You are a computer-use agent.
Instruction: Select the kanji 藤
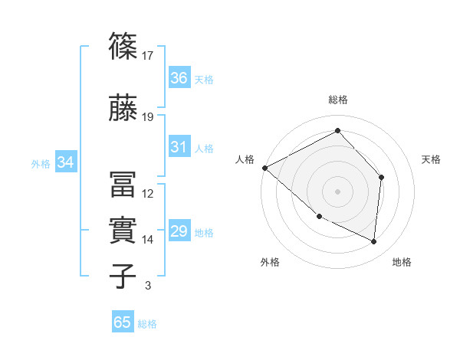[x=123, y=106]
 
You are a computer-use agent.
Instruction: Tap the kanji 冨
[x=123, y=183]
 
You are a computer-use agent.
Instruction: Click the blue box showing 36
[x=179, y=77]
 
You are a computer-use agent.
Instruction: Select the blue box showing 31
[x=179, y=147]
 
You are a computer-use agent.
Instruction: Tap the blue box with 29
[x=179, y=231]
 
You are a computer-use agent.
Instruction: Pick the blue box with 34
[x=66, y=162]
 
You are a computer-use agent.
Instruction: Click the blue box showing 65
[x=123, y=322]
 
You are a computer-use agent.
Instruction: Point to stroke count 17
[x=148, y=55]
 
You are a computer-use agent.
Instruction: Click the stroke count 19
[x=148, y=117]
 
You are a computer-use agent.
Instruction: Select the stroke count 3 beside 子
[x=148, y=286]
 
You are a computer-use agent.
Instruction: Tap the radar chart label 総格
[x=338, y=100]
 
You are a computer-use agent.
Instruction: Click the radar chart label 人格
[x=245, y=159]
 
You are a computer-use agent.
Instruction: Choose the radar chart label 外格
[x=270, y=262]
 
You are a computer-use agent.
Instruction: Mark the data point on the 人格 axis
[x=264, y=167]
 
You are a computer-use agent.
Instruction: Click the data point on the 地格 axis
[x=374, y=241]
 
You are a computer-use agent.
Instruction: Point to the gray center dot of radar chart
[x=338, y=191]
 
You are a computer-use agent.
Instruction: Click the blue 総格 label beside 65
[x=147, y=324]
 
